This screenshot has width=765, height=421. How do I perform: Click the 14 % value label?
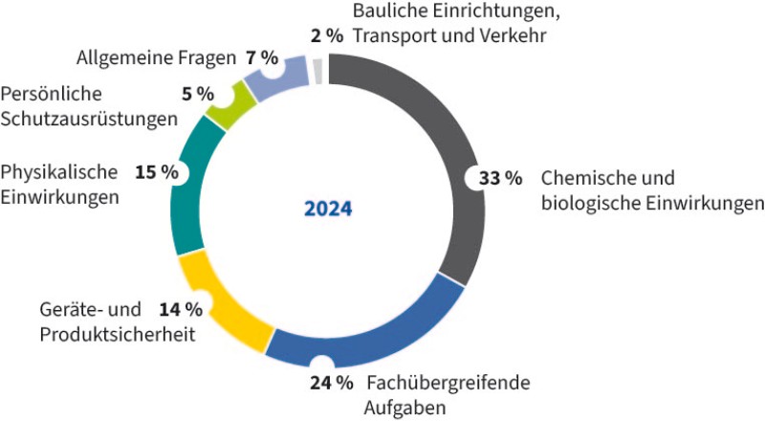[180, 309]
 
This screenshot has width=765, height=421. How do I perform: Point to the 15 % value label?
[157, 172]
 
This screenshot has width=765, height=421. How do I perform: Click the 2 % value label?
[327, 35]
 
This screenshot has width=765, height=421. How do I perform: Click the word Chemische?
[581, 178]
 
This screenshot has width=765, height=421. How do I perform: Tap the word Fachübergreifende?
[447, 384]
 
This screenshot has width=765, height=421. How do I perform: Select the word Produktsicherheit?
[118, 334]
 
